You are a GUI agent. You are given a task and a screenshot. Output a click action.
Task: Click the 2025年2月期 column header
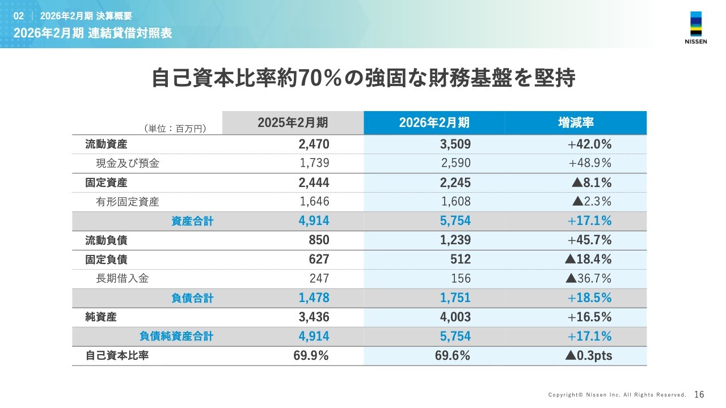click(293, 122)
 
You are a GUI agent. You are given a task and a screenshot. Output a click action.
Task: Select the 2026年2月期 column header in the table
click(434, 122)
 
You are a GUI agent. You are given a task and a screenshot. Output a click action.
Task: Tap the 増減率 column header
click(576, 122)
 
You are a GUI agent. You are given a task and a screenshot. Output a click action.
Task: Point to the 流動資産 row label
click(106, 144)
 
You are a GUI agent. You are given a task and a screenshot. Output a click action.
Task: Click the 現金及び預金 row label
click(128, 164)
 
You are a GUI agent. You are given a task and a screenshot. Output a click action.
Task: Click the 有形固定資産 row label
click(128, 202)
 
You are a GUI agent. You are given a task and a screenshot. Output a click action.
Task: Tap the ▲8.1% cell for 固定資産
click(592, 182)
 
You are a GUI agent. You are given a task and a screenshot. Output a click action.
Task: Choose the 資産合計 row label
click(192, 221)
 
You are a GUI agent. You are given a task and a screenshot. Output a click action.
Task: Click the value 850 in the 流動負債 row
click(319, 240)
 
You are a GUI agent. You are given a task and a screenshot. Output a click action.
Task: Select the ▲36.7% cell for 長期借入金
click(588, 279)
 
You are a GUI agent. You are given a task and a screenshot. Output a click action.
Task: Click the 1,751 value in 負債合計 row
click(455, 297)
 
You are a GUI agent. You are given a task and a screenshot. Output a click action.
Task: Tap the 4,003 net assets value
click(455, 317)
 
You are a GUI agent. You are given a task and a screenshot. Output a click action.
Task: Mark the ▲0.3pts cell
click(588, 355)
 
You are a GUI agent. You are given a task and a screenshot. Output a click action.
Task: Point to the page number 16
click(699, 394)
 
